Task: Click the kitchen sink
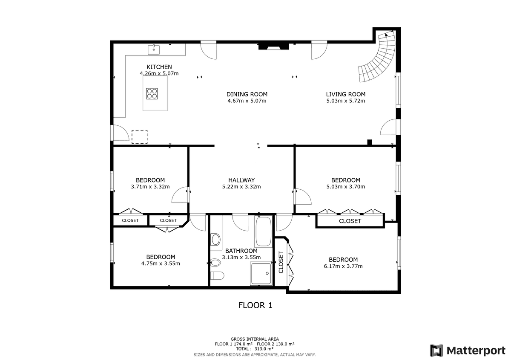154,49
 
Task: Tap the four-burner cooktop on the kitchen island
152,94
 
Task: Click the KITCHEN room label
159,67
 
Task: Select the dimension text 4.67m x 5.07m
247,101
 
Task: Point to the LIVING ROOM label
346,94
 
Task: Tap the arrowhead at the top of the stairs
386,35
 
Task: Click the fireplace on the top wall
273,46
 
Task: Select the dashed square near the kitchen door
139,137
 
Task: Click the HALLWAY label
241,180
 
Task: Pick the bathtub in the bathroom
264,232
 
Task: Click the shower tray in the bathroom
261,274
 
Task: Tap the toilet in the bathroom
217,276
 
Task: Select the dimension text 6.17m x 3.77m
343,266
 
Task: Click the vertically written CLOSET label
281,262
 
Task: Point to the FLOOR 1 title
255,305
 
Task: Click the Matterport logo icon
436,350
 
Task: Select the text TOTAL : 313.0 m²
255,349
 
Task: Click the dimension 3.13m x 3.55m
241,257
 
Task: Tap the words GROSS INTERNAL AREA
255,339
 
